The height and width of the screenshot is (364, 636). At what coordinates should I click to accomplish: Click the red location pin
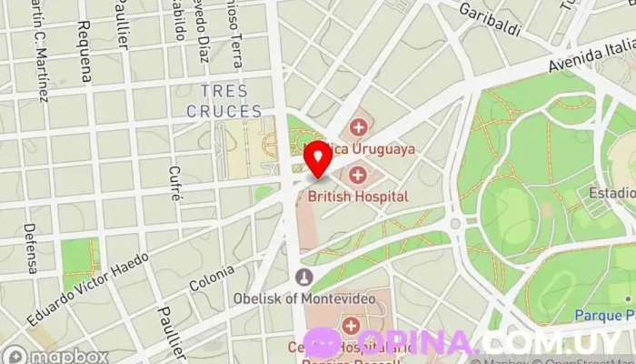tap(318, 157)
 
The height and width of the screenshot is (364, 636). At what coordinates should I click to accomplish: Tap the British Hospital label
tap(357, 196)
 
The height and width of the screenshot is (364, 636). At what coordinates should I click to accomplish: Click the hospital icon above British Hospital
tap(358, 174)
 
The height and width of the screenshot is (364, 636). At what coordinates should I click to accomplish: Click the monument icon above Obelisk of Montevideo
tap(305, 277)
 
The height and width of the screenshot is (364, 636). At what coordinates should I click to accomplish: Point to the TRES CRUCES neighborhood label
tap(224, 101)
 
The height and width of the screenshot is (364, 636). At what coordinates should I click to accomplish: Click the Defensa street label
tap(30, 248)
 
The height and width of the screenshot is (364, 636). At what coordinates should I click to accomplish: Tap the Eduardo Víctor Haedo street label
tap(88, 289)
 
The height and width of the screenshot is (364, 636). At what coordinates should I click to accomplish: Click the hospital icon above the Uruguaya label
tap(359, 126)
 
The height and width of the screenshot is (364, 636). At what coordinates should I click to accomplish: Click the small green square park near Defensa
tap(80, 257)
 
